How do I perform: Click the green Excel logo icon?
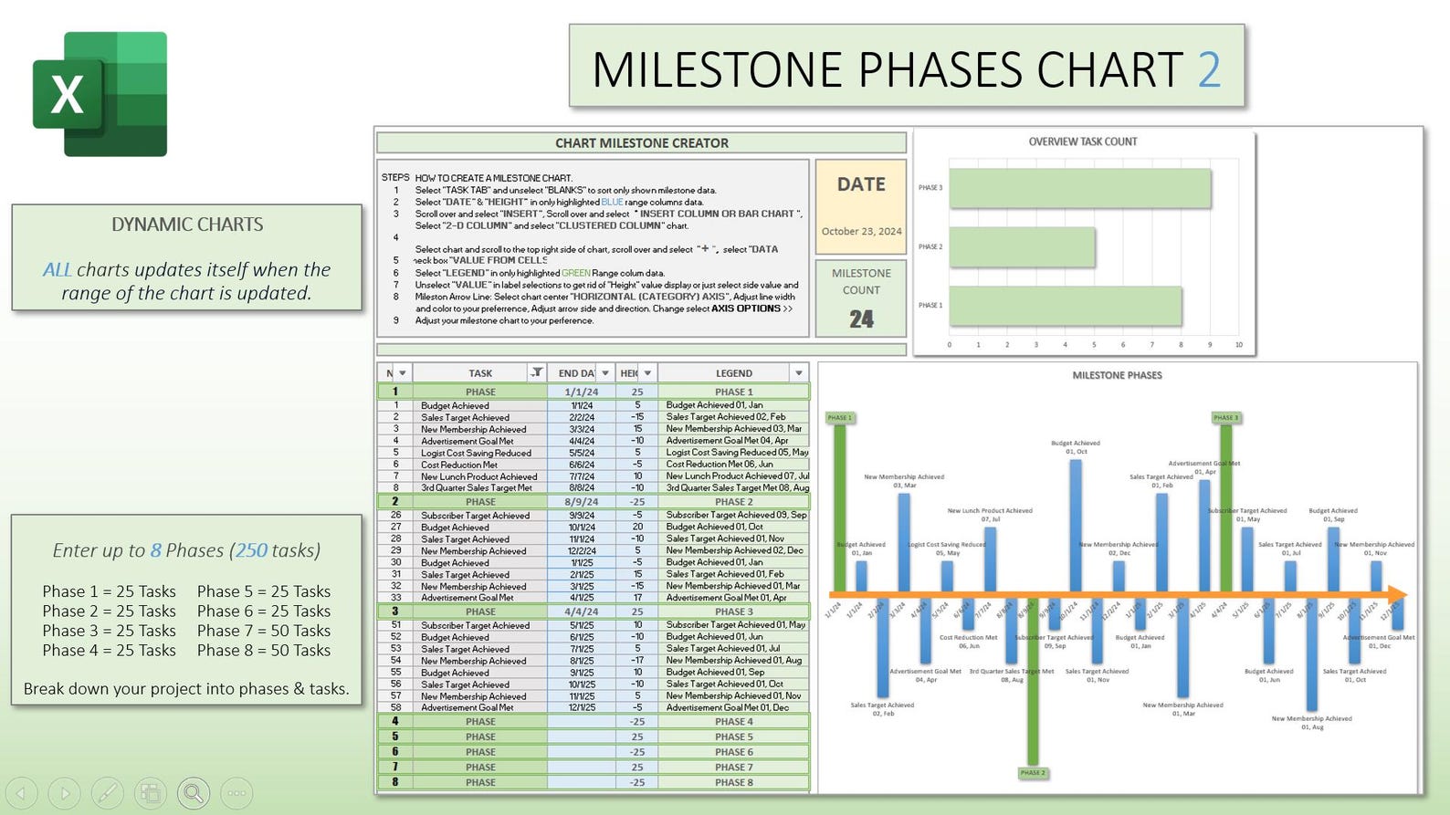pyautogui.click(x=100, y=94)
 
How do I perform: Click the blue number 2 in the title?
pyautogui.click(x=1209, y=69)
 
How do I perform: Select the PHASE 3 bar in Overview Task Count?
pyautogui.click(x=1079, y=188)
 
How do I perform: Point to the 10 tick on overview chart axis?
pyautogui.click(x=1238, y=345)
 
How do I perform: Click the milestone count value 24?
pyautogui.click(x=861, y=319)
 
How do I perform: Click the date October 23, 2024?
pyautogui.click(x=861, y=232)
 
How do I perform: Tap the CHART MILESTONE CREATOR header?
pyautogui.click(x=641, y=143)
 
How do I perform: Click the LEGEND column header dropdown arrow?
pyautogui.click(x=799, y=373)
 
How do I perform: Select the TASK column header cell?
pyautogui.click(x=480, y=373)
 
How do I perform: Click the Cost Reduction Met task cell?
pyautogui.click(x=459, y=465)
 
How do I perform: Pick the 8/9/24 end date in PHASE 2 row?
pyautogui.click(x=582, y=502)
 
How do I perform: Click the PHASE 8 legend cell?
pyautogui.click(x=733, y=782)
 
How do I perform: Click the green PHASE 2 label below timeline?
pyautogui.click(x=1033, y=773)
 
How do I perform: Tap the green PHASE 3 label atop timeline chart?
pyautogui.click(x=1225, y=418)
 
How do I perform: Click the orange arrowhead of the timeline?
pyautogui.click(x=1397, y=594)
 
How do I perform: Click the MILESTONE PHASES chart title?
pyautogui.click(x=1117, y=375)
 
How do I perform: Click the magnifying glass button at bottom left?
pyautogui.click(x=194, y=793)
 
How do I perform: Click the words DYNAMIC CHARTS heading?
pyautogui.click(x=187, y=225)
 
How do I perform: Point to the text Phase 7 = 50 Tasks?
pyautogui.click(x=264, y=631)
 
